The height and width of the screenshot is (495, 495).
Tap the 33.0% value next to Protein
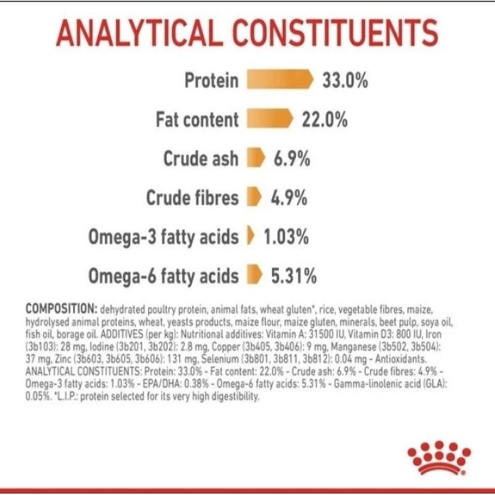coord(345,80)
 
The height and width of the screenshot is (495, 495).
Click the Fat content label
coord(197,120)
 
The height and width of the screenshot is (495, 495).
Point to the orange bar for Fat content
coord(269,119)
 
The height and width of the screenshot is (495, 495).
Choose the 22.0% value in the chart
coord(325,120)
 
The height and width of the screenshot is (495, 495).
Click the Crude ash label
coord(201,159)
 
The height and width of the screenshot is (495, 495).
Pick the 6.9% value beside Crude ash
coord(292,159)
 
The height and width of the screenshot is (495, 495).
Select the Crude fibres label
coord(192,198)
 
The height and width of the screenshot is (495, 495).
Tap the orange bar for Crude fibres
coord(254,198)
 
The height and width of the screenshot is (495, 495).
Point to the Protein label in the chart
coord(211,80)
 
